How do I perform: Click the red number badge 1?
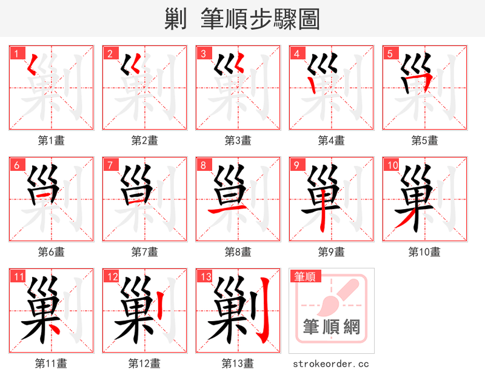(x=16, y=53)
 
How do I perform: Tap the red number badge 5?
(x=390, y=53)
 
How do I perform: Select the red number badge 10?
(x=392, y=165)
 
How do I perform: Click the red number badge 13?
(x=205, y=277)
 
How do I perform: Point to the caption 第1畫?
(x=51, y=141)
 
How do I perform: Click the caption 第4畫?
(x=331, y=141)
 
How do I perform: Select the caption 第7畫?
(x=144, y=251)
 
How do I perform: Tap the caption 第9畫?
(x=331, y=251)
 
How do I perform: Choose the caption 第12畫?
(x=144, y=364)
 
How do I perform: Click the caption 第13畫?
(x=238, y=364)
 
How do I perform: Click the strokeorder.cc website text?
(x=331, y=364)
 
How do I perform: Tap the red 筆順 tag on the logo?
(x=304, y=277)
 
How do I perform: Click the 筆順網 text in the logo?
(x=332, y=328)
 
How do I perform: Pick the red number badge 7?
(x=110, y=165)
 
